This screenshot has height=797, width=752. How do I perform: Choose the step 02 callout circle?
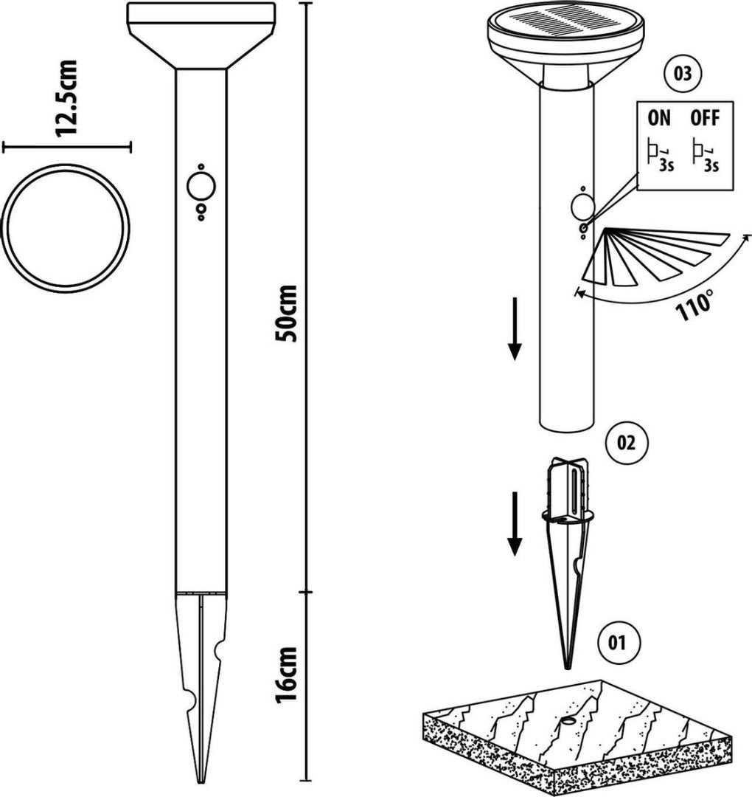623,444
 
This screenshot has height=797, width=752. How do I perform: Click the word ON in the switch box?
659,118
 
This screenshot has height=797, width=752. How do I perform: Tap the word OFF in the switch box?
705,118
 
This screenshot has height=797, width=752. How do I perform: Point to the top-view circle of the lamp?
66,228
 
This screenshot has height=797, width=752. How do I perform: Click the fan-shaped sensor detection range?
649,255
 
